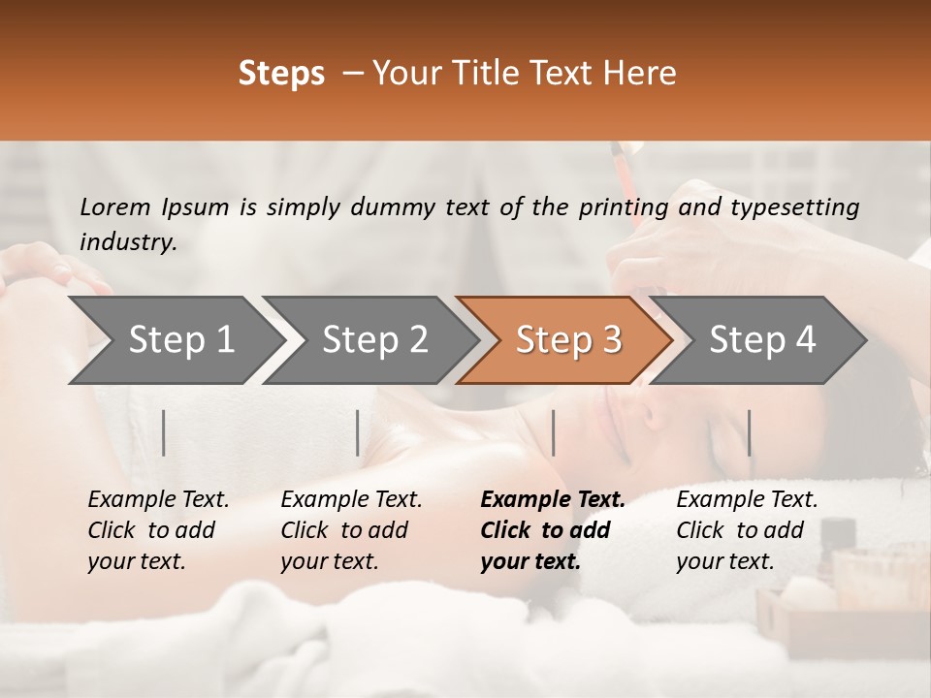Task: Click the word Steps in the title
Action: [281, 74]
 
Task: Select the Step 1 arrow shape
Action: [175, 340]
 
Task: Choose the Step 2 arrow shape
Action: [371, 340]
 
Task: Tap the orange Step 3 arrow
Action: [565, 340]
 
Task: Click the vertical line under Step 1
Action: [164, 432]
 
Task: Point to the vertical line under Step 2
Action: [358, 432]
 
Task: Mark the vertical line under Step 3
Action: [553, 432]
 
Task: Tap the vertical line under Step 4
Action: [749, 432]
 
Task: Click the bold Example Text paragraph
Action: [553, 530]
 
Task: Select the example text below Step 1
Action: [158, 530]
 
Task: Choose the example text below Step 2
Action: [351, 530]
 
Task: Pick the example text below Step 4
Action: [747, 530]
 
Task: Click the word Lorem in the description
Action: [115, 207]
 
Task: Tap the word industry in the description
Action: [128, 242]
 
